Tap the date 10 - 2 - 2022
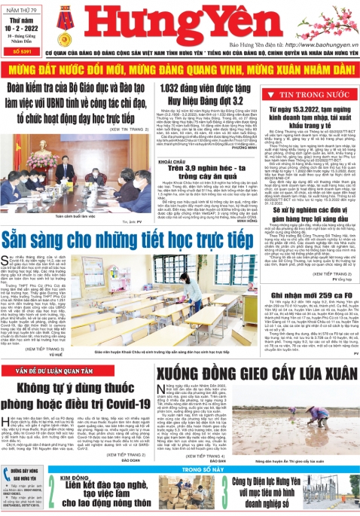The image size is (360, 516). click(19, 26)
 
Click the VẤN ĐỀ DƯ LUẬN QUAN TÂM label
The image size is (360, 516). click(49, 372)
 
